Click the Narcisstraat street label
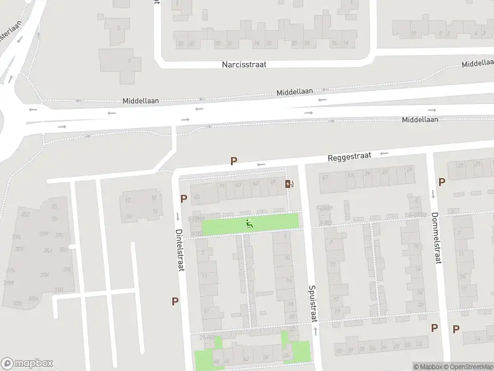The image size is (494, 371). coord(244,64)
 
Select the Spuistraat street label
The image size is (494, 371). coord(313,303)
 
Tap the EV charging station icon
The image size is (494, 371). coord(289,184)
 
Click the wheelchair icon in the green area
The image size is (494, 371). coord(249,223)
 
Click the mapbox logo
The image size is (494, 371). coord(27,364)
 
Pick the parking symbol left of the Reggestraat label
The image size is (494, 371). coord(233,161)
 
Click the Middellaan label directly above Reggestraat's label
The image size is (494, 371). coord(296,92)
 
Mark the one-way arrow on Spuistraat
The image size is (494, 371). coord(316,331)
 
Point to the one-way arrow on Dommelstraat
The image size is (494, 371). coord(433,194)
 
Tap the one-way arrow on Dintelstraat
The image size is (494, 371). coord(178,216)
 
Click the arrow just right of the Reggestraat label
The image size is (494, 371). coord(384,153)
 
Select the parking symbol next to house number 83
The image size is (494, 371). coord(183,198)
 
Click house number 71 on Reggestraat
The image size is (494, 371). coord(222,185)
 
